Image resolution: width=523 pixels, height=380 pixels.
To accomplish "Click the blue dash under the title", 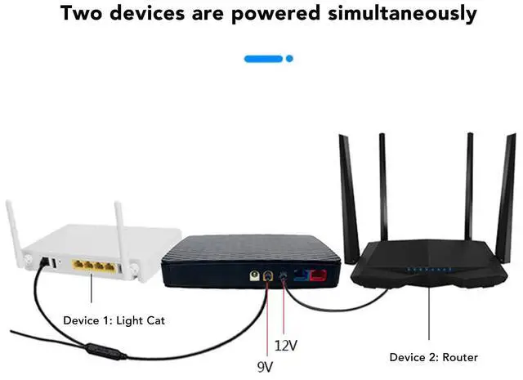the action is click(x=263, y=59).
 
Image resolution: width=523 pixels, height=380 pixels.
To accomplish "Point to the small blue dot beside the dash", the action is click(x=288, y=59).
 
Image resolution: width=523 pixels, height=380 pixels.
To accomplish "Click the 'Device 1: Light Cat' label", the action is click(x=114, y=320).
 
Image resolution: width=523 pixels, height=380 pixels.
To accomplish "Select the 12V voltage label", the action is click(x=286, y=346).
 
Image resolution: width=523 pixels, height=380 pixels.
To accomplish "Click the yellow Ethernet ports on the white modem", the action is click(x=92, y=266).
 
